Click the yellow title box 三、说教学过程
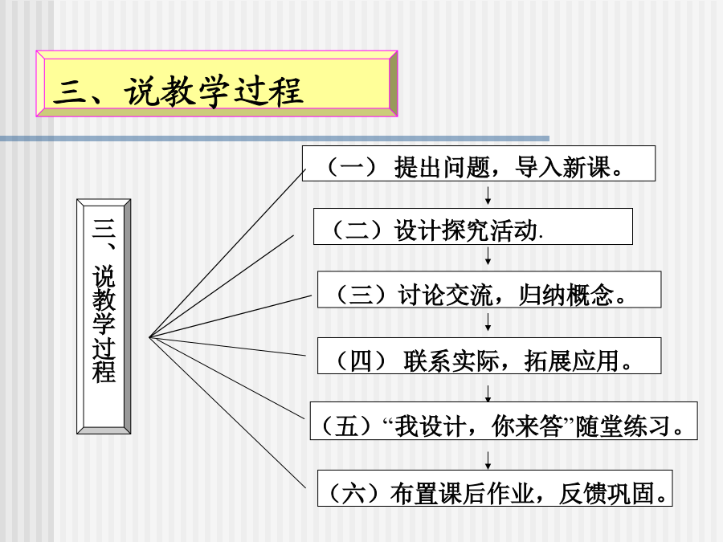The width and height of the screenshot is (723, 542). [217, 84]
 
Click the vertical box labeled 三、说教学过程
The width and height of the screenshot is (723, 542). [104, 316]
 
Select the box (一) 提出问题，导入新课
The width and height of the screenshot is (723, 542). [479, 164]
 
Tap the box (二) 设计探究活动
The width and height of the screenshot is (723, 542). [473, 226]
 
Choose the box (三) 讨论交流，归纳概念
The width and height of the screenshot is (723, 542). [489, 289]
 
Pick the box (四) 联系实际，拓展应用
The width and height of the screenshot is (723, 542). [489, 356]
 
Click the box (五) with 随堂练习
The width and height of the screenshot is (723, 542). [504, 421]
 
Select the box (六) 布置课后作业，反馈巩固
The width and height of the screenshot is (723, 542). [495, 488]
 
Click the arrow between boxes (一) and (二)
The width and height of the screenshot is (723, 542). [488, 195]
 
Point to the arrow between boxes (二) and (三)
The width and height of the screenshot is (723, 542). [488, 256]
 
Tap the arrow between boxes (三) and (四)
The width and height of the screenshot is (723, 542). [488, 322]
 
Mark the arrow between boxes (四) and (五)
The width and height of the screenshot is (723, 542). [488, 393]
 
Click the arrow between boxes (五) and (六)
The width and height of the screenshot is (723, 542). [488, 460]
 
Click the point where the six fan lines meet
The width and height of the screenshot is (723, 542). [149, 337]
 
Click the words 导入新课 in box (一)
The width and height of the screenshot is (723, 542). [562, 167]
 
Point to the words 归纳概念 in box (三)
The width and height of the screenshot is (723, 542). [566, 295]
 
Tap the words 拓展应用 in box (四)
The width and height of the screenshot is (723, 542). [572, 361]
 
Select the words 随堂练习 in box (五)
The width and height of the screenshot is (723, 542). [623, 426]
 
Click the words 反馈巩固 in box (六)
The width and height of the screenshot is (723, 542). [607, 494]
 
